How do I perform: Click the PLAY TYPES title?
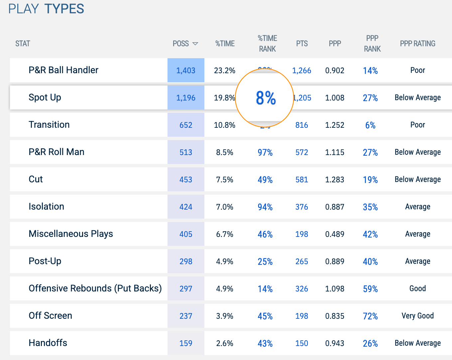pyautogui.click(x=46, y=9)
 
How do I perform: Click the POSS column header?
pyautogui.click(x=181, y=44)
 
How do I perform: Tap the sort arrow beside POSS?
pyautogui.click(x=195, y=44)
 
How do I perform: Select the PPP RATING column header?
pyautogui.click(x=417, y=44)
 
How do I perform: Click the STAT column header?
pyautogui.click(x=23, y=44)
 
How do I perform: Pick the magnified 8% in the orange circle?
pyautogui.click(x=266, y=98)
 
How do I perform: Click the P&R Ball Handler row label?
pyautogui.click(x=63, y=70)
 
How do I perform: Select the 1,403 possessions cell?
pyautogui.click(x=186, y=71)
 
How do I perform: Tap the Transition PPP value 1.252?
pyautogui.click(x=335, y=125)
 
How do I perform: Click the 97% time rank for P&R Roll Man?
pyautogui.click(x=265, y=152)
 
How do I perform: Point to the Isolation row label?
pyautogui.click(x=46, y=207)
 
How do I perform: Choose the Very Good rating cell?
pyautogui.click(x=417, y=316)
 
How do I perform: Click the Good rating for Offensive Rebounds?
pyautogui.click(x=417, y=288)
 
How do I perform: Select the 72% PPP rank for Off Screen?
pyautogui.click(x=370, y=316)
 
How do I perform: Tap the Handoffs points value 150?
pyautogui.click(x=301, y=343)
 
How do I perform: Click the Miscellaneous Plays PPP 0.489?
pyautogui.click(x=335, y=234)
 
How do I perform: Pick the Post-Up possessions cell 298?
pyautogui.click(x=186, y=262)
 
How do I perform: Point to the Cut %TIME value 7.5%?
pyautogui.click(x=225, y=180)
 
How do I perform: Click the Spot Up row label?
pyautogui.click(x=45, y=97)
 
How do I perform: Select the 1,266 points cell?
pyautogui.click(x=301, y=71)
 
